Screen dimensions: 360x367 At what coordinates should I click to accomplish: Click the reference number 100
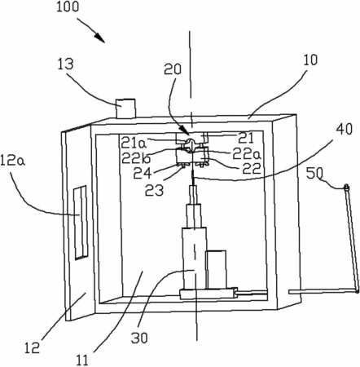[x=68, y=7]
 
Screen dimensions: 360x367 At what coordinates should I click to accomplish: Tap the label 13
[x=65, y=64]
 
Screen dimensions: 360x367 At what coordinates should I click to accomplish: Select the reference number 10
[x=310, y=60]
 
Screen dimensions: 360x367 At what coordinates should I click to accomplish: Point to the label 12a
[x=13, y=160]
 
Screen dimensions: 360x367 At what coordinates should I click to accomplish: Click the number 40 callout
[x=345, y=129]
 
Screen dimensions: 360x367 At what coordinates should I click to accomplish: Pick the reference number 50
[x=315, y=173]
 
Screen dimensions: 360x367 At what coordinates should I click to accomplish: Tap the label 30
[x=139, y=338]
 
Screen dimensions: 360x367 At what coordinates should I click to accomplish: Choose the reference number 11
[x=82, y=360]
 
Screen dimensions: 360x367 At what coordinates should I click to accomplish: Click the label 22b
[x=136, y=157]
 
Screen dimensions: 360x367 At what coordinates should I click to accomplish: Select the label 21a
[x=134, y=143]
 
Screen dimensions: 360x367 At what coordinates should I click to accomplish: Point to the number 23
[x=154, y=190]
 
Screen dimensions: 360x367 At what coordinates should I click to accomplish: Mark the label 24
[x=143, y=173]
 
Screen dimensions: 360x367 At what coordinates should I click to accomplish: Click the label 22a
[x=247, y=154]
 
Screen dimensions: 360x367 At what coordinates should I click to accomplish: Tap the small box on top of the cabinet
[x=125, y=108]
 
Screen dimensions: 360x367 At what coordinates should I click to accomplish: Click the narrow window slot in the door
[x=81, y=223]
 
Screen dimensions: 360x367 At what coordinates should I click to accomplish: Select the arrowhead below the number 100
[x=100, y=38]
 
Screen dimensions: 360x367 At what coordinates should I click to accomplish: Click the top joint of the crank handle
[x=346, y=187]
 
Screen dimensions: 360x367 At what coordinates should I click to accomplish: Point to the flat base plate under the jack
[x=209, y=294]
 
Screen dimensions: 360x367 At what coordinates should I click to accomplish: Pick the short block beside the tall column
[x=216, y=269]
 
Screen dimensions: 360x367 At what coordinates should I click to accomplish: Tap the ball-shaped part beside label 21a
[x=191, y=142]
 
